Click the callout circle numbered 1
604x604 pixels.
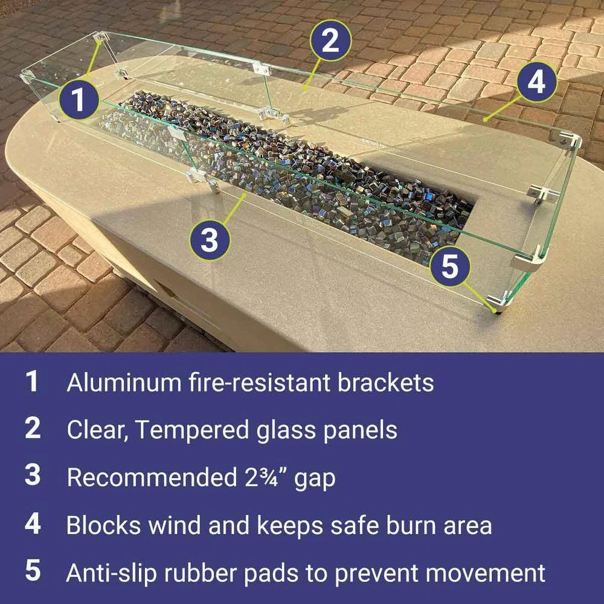click(79, 98)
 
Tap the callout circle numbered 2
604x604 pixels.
click(330, 41)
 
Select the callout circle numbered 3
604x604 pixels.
click(210, 240)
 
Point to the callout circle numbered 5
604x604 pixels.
click(450, 266)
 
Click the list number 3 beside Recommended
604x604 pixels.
click(33, 476)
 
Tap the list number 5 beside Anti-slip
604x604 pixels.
click(33, 571)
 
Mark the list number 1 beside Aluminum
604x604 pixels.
click(32, 382)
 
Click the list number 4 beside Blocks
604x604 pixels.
click(33, 524)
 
